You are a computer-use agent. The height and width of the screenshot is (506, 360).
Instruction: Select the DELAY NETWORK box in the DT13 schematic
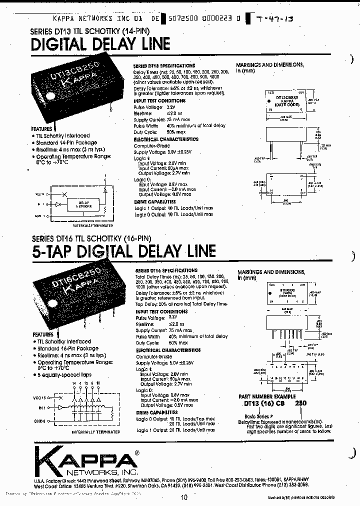[x=83, y=204]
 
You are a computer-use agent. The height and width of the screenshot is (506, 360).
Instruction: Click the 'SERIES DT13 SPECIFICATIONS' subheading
[x=164, y=66]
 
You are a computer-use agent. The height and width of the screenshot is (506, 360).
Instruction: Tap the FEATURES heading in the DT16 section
[x=43, y=334]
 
